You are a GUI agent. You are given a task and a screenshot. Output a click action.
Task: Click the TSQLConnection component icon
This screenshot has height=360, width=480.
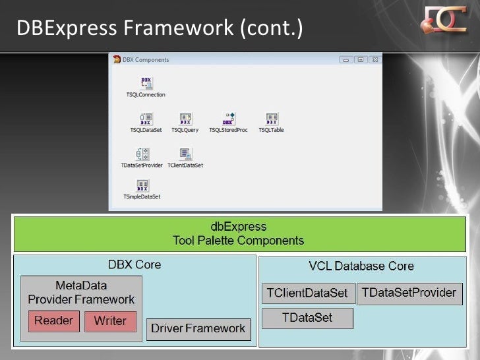pyautogui.click(x=146, y=83)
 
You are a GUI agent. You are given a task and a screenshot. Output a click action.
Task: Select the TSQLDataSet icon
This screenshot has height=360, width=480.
pyautogui.click(x=146, y=119)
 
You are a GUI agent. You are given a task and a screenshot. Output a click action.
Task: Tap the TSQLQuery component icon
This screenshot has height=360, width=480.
pyautogui.click(x=185, y=119)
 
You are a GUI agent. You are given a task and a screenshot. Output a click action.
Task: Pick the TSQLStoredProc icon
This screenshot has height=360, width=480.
pyautogui.click(x=228, y=119)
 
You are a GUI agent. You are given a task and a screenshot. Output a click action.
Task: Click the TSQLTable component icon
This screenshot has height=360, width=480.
pyautogui.click(x=271, y=119)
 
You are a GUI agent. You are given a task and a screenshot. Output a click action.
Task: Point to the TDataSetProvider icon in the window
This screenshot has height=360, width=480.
pyautogui.click(x=142, y=154)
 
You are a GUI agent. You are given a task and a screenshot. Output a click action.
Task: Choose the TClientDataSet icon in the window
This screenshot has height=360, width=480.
pyautogui.click(x=185, y=154)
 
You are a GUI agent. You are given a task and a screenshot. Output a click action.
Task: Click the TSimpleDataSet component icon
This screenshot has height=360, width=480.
pyautogui.click(x=142, y=185)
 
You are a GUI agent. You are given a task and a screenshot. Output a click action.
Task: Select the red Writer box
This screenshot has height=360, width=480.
pyautogui.click(x=110, y=321)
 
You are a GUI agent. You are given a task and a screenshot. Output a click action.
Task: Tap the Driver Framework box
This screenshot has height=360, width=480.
pyautogui.click(x=198, y=328)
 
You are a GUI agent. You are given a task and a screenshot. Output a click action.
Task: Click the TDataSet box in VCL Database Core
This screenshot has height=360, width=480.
pyautogui.click(x=307, y=318)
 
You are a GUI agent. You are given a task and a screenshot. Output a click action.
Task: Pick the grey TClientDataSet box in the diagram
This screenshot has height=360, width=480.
pyautogui.click(x=309, y=293)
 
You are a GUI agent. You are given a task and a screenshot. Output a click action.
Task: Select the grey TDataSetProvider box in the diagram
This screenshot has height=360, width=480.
pyautogui.click(x=409, y=293)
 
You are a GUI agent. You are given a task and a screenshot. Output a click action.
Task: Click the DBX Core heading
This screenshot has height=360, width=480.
pyautogui.click(x=135, y=265)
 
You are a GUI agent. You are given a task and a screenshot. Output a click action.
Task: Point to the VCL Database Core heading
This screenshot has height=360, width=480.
pyautogui.click(x=361, y=266)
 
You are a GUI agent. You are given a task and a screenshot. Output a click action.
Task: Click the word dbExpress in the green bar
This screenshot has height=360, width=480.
pyautogui.click(x=238, y=227)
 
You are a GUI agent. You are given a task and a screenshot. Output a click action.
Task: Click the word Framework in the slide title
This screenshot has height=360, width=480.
pyautogui.click(x=177, y=28)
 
